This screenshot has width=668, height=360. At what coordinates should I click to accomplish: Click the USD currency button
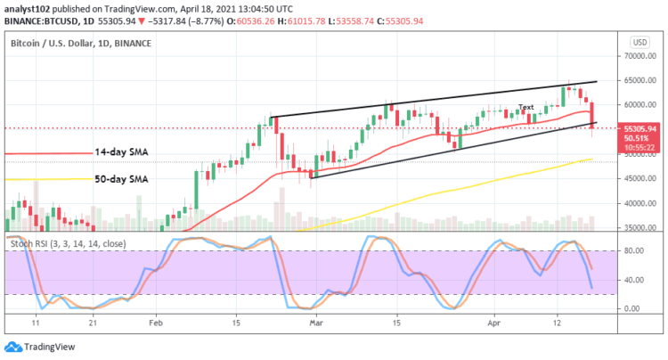[639, 42]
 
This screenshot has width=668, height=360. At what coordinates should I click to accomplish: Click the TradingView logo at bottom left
[40, 347]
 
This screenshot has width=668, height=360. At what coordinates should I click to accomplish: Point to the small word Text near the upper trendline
[526, 107]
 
